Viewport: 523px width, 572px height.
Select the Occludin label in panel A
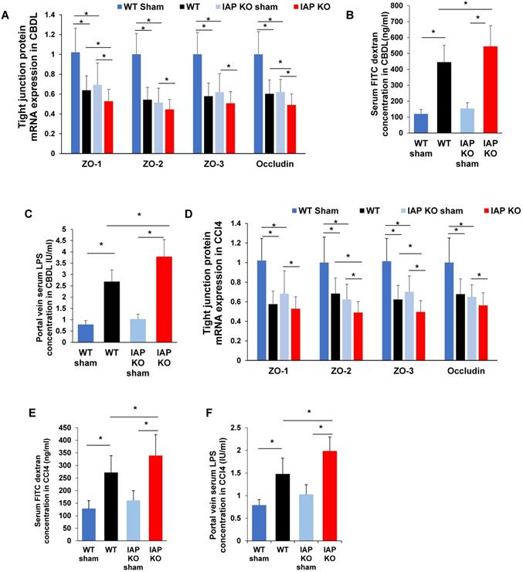tap(273, 164)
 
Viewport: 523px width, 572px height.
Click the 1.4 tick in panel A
tap(49, 15)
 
